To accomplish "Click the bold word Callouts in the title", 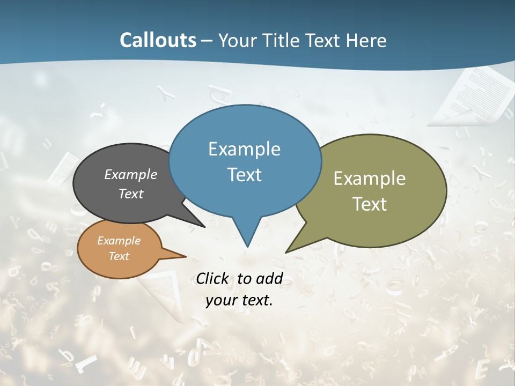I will pos(158,40).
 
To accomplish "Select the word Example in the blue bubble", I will pos(244,149).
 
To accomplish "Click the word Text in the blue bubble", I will pos(244,175).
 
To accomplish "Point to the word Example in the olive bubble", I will pos(370,179).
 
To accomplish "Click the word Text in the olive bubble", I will pos(370,204).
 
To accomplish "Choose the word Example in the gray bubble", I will pos(131,175).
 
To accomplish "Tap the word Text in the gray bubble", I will pos(131,194).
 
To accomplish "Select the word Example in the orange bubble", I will pos(119,241).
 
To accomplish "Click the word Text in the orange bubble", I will pos(119,256).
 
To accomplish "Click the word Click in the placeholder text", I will pos(214,278).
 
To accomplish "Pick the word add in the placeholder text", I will pos(269,278).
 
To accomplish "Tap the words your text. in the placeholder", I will pos(239,300).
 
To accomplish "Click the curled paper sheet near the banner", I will pos(472,96).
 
